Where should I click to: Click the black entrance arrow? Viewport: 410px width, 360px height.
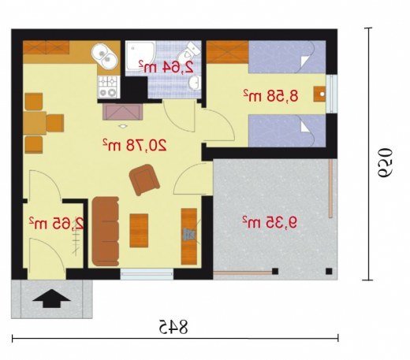[52, 299]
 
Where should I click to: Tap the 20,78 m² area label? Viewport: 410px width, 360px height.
[135, 145]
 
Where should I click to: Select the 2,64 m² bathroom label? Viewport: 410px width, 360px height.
[166, 67]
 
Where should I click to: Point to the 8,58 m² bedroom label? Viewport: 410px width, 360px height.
[270, 95]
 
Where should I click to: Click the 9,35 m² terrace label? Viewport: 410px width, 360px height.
[270, 223]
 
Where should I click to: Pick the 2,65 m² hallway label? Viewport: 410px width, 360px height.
[57, 223]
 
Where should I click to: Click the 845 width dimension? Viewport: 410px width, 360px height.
[173, 327]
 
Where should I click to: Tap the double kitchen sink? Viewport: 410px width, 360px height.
[104, 57]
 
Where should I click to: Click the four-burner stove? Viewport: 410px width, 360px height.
[109, 87]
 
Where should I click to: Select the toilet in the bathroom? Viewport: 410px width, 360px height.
[189, 51]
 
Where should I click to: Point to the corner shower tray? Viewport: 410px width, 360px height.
[140, 56]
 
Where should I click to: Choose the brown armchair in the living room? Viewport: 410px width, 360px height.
[144, 180]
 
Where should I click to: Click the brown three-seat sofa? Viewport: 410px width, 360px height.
[106, 231]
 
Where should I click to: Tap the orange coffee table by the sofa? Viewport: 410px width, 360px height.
[139, 230]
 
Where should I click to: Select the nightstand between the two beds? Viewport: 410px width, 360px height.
[319, 94]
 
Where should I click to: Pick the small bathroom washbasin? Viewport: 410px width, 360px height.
[194, 83]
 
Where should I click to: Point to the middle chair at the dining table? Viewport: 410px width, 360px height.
[54, 123]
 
